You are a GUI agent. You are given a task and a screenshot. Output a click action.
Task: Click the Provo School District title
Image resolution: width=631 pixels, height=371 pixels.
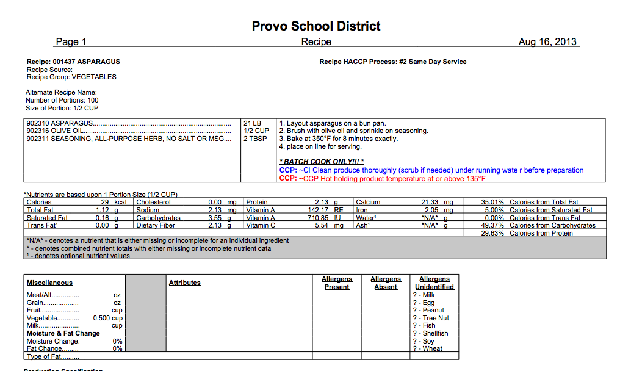pyautogui.click(x=316, y=26)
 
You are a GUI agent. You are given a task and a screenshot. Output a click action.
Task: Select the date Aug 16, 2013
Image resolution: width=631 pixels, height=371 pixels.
pyautogui.click(x=547, y=42)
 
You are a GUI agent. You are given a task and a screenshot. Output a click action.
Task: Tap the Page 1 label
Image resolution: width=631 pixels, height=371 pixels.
pyautogui.click(x=71, y=42)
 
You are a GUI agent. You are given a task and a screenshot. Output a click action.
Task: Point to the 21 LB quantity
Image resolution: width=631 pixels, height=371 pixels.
pyautogui.click(x=252, y=123)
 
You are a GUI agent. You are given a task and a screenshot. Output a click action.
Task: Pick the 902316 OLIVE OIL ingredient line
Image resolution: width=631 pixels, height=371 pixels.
pyautogui.click(x=55, y=131)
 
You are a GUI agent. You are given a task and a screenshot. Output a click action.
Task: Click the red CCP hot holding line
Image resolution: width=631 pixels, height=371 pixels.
pyautogui.click(x=382, y=178)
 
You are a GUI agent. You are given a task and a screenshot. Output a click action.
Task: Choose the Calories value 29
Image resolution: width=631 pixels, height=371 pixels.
pyautogui.click(x=105, y=202)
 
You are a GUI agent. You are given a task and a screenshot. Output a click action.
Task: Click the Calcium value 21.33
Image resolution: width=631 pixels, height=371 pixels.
pyautogui.click(x=430, y=202)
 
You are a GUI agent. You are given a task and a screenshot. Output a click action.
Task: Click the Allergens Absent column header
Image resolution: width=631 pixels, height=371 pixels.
pyautogui.click(x=385, y=283)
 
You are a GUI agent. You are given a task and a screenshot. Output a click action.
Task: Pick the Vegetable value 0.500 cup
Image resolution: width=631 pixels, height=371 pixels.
pyautogui.click(x=107, y=318)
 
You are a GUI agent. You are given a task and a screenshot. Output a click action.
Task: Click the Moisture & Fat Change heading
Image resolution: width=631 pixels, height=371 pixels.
pyautogui.click(x=63, y=333)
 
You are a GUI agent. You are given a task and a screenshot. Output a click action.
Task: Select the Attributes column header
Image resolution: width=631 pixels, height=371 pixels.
pyautogui.click(x=184, y=283)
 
